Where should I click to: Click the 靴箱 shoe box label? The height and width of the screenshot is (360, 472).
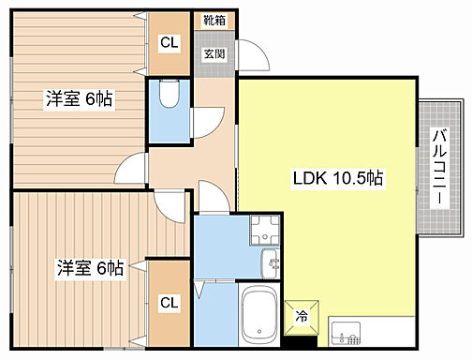[x=214, y=21]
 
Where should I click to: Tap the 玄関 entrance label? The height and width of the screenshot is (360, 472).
[x=214, y=53]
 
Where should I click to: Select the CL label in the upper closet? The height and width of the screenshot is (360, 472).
[x=170, y=42]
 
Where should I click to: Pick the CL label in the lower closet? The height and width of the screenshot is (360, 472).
[x=170, y=302]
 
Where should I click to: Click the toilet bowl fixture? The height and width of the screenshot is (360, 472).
[x=170, y=94]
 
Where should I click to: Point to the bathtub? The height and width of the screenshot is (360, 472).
[x=259, y=314]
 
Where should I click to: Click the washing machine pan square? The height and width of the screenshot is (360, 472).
[x=265, y=231]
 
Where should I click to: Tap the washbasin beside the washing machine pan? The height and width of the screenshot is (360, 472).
[x=270, y=263]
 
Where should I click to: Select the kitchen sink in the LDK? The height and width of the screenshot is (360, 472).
[x=346, y=333]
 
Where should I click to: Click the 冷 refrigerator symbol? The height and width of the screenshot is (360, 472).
[x=302, y=317]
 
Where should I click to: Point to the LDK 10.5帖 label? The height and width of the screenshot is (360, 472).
[x=338, y=178]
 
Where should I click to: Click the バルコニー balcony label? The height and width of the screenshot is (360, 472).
[x=440, y=166]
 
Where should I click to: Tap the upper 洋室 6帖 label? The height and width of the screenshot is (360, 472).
[x=79, y=98]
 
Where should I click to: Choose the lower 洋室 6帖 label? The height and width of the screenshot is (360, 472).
[x=91, y=268]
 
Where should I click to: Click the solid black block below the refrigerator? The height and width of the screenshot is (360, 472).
[x=301, y=341]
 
